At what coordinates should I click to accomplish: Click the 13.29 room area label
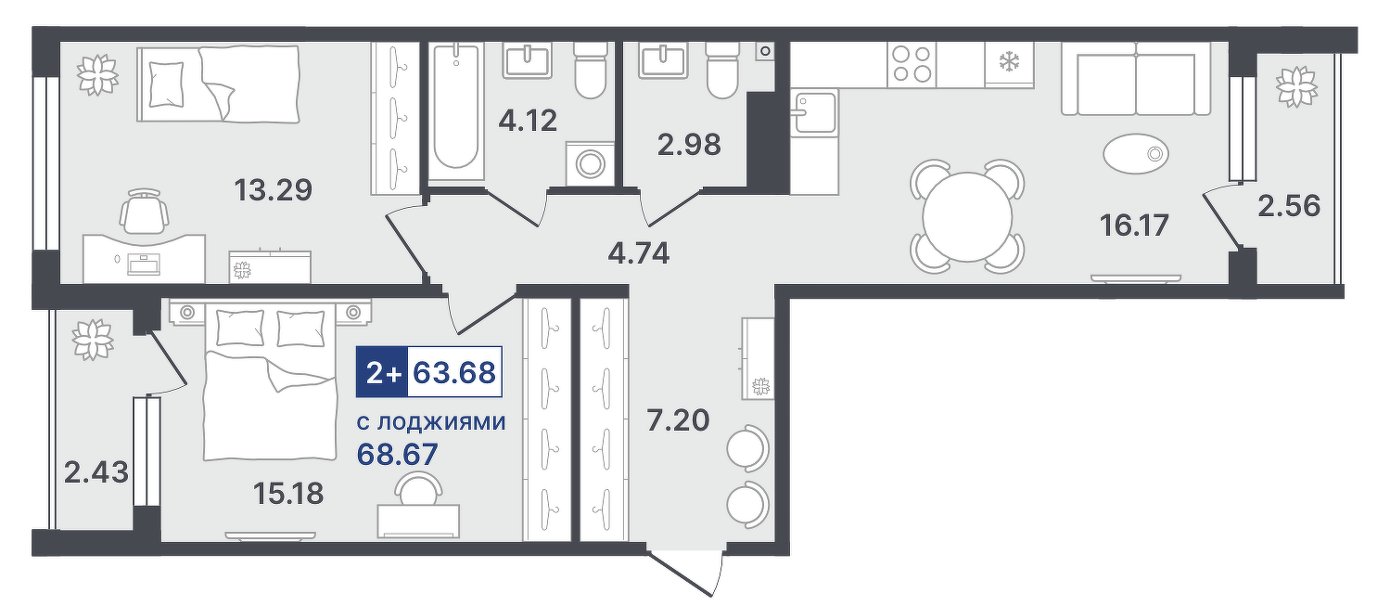pos(273,190)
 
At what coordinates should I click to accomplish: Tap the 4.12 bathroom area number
pos(528,121)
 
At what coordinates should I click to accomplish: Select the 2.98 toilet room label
pos(689,145)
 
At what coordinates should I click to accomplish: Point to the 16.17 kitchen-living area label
pos(1134,225)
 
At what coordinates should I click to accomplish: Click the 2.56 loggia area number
pos(1289,206)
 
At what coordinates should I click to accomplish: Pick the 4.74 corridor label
pos(639,254)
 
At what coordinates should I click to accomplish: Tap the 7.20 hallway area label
pos(678,421)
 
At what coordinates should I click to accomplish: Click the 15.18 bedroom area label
pos(288,494)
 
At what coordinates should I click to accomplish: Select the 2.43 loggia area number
pos(96,473)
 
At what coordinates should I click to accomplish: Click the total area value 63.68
pos(454,372)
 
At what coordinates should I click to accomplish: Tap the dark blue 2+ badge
pos(382,372)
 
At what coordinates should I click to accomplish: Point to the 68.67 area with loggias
pos(397,455)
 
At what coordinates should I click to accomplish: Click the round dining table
pos(967,217)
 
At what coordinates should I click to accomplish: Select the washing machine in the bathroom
pos(590,164)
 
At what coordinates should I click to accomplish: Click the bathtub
pos(456,111)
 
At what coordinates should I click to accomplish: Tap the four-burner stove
pos(912,65)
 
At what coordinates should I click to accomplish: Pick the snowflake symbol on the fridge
pos(1008,61)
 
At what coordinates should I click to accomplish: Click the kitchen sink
pos(813,112)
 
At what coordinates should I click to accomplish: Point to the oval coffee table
pos(1136,153)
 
